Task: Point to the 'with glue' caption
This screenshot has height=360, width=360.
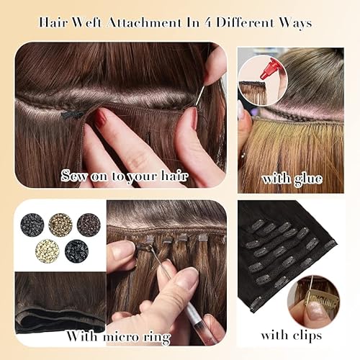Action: pyautogui.click(x=292, y=177)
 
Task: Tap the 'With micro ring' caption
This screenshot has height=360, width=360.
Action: pyautogui.click(x=118, y=335)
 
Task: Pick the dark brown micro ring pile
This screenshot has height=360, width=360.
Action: pyautogui.click(x=88, y=223)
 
